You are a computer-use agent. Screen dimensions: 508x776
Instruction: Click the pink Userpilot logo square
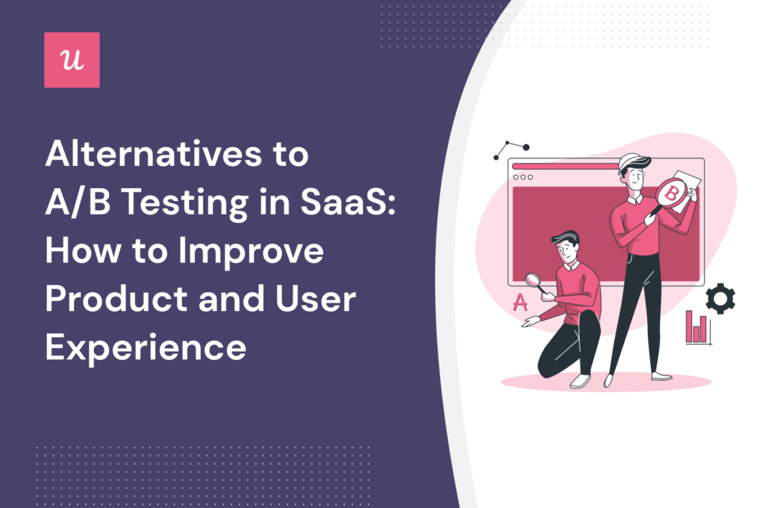[x=72, y=60]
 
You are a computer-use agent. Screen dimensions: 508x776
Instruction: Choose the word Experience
[x=145, y=347]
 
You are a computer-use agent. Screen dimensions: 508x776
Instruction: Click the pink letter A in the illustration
[x=520, y=302]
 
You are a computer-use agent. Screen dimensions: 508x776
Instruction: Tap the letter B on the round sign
[x=671, y=194]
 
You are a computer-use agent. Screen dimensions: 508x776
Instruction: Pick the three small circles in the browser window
[x=524, y=177]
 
